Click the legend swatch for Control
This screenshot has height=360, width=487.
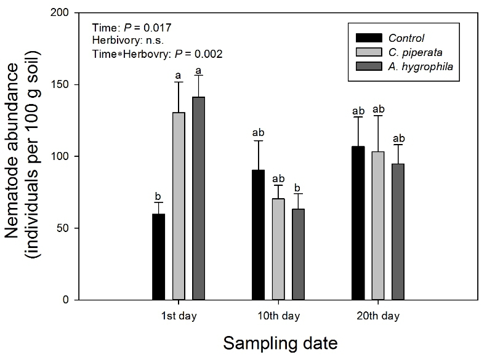tap(367, 38)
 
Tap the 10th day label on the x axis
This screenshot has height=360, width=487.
tap(278, 317)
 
